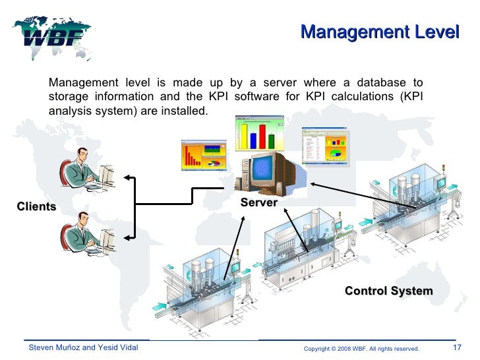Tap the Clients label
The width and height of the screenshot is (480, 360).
point(36,207)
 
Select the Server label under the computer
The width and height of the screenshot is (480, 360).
point(258,203)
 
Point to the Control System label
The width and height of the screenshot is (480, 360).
point(388,291)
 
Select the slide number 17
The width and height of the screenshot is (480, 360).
point(457,347)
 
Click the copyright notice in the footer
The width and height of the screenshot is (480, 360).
point(361,348)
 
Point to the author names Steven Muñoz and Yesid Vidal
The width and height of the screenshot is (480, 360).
point(82,347)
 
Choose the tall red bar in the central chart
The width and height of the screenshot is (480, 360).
point(262,135)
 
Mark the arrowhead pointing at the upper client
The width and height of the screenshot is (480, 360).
point(128,177)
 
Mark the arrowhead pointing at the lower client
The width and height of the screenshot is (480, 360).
point(128,235)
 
